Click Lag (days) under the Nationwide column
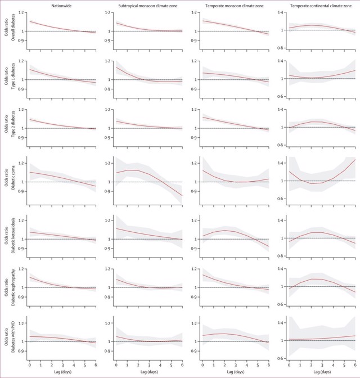pyautogui.click(x=62, y=372)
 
